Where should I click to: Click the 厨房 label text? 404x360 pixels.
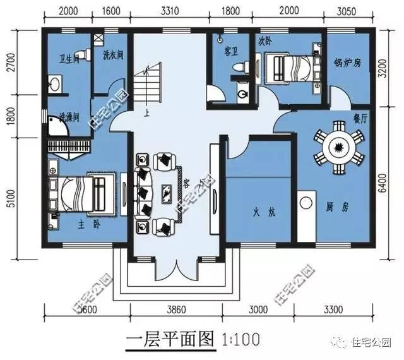336,207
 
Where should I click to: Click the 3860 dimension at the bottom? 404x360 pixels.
177,309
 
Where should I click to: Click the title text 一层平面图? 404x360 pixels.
170,339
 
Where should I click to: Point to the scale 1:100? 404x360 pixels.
241,339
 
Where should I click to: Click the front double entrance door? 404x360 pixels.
178,272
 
